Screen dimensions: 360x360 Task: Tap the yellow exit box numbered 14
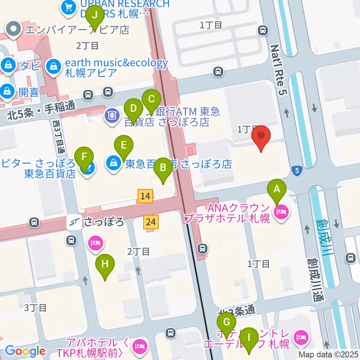145,196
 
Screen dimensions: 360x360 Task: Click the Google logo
25,351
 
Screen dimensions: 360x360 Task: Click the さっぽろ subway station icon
74,222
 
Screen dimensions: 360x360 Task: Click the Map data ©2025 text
328,354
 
